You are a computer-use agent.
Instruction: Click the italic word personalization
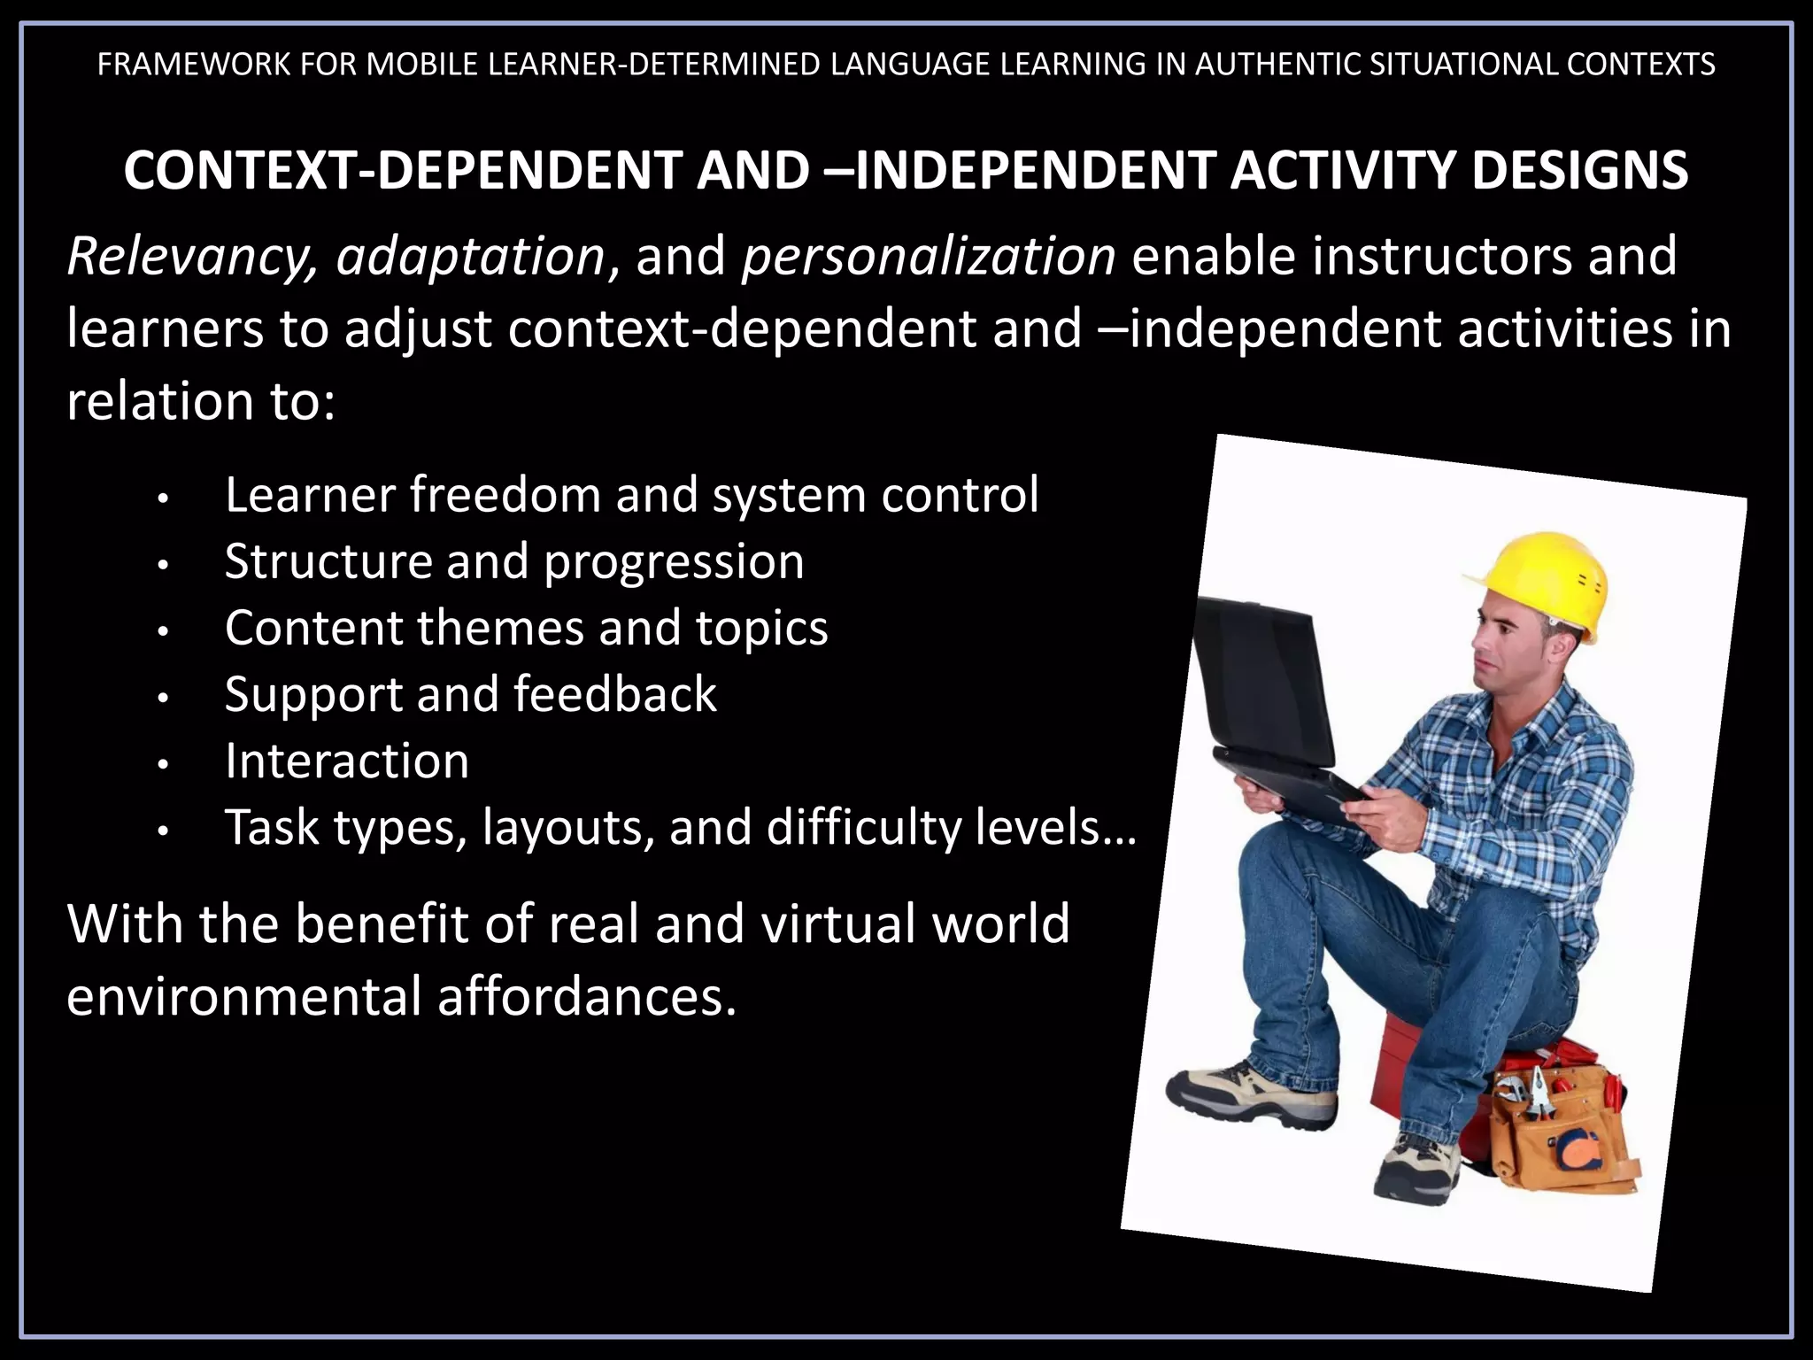point(929,257)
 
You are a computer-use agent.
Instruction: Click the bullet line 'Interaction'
point(346,761)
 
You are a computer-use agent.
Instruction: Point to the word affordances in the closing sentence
point(586,996)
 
